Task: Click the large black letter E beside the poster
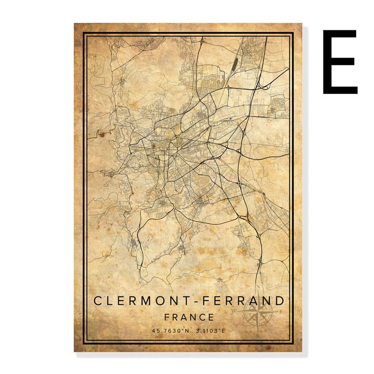pyautogui.click(x=340, y=62)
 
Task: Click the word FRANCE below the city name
pyautogui.click(x=189, y=317)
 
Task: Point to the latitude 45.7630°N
pyautogui.click(x=170, y=331)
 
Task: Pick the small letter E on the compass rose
pyautogui.click(x=280, y=311)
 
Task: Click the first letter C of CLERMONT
pyautogui.click(x=98, y=301)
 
